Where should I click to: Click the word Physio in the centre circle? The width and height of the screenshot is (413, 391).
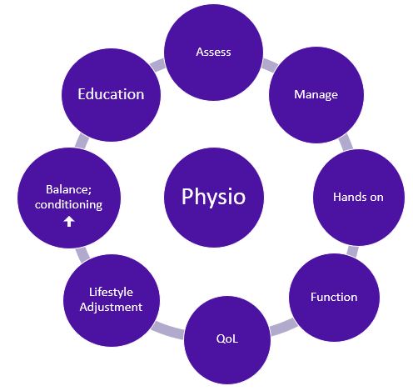tap(213, 197)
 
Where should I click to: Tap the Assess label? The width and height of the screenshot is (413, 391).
tap(213, 52)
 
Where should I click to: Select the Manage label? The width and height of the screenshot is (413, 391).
tap(316, 95)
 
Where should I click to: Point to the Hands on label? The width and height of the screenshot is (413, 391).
tap(358, 197)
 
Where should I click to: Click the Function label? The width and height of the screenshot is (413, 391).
tap(334, 297)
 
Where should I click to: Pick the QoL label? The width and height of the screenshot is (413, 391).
tap(227, 338)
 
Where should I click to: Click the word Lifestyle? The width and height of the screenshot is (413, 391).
tap(111, 293)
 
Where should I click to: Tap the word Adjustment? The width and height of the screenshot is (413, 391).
tap(111, 308)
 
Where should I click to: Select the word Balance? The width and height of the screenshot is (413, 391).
tap(68, 190)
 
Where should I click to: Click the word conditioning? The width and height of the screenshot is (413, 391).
tap(68, 205)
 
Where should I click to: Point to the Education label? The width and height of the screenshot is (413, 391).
tap(111, 94)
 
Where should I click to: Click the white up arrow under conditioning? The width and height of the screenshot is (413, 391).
tap(69, 222)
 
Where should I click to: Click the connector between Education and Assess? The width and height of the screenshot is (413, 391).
tap(157, 65)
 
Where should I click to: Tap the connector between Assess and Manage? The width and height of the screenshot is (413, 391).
tap(270, 65)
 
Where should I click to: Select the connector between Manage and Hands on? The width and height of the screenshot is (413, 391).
tap(346, 143)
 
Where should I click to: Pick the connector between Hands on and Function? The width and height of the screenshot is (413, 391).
tap(352, 251)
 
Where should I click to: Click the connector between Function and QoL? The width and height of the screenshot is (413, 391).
tap(283, 327)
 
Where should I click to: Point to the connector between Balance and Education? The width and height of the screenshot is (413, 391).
tap(82, 141)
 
